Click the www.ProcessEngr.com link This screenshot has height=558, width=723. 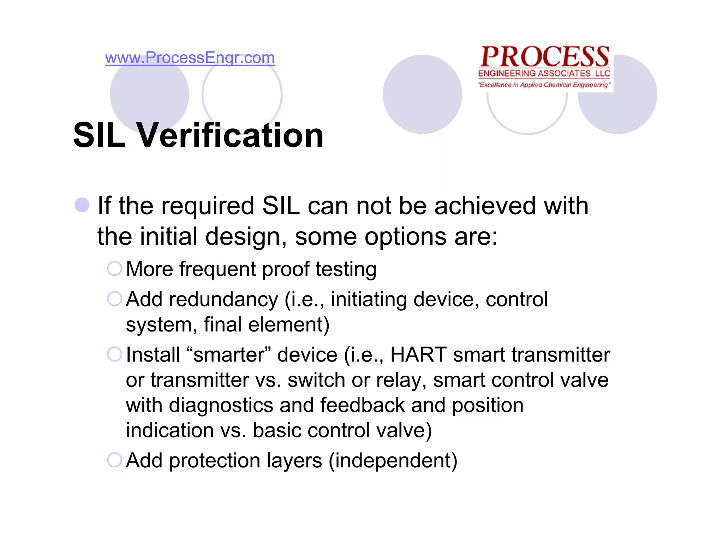click(190, 57)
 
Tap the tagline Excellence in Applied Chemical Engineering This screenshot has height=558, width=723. click(544, 85)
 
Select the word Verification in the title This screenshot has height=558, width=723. click(230, 135)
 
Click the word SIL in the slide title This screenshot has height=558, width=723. click(99, 135)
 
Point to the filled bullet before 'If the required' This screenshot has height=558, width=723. click(82, 205)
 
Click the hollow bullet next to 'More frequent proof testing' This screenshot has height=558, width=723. click(114, 268)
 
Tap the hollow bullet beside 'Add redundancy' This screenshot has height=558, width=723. click(114, 299)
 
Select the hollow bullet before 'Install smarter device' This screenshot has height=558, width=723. click(114, 354)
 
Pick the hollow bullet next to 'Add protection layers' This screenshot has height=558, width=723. click(114, 460)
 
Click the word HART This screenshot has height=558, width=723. click(418, 354)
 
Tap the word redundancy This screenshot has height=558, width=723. click(223, 299)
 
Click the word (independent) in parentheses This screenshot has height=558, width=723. click(393, 461)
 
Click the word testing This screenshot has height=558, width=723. click(346, 269)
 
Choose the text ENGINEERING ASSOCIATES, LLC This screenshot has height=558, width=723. click(544, 73)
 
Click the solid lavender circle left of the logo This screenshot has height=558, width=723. click(422, 94)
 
